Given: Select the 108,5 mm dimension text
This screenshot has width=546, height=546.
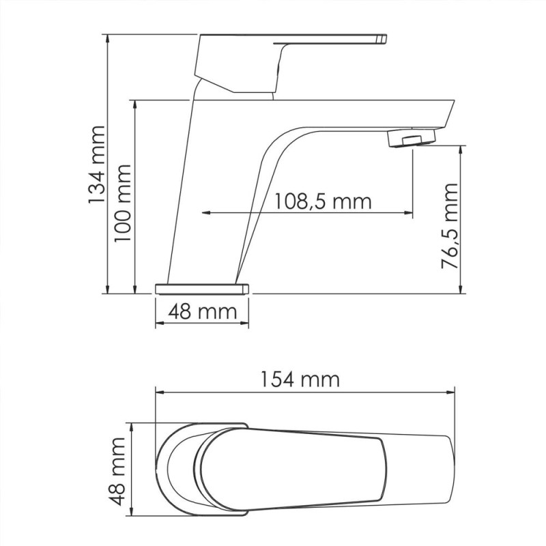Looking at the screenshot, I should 323,201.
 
